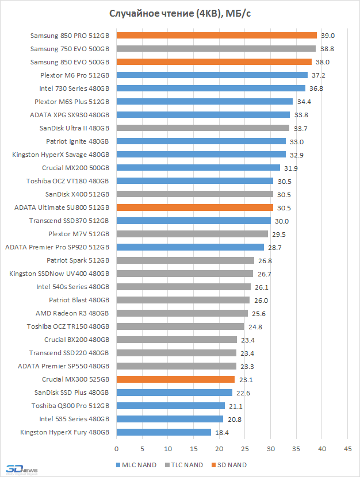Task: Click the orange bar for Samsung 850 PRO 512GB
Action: pyautogui.click(x=216, y=36)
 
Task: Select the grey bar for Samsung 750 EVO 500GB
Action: pyautogui.click(x=216, y=49)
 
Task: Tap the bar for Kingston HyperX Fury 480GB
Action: pyautogui.click(x=163, y=432)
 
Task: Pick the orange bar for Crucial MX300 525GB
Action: pyautogui.click(x=175, y=379)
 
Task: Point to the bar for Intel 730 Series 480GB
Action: pyautogui.click(x=210, y=89)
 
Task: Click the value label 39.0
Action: pyautogui.click(x=328, y=36)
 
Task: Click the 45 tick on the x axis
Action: pyautogui.click(x=347, y=448)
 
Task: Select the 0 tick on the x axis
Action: pyautogui.click(x=117, y=448)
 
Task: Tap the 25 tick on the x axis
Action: pyautogui.click(x=245, y=448)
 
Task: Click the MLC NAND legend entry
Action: pyautogui.click(x=136, y=465)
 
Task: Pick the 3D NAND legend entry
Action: pyautogui.click(x=230, y=465)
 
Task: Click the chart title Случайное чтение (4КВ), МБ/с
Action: pyautogui.click(x=179, y=13)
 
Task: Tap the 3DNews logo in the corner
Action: pyautogui.click(x=18, y=469)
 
